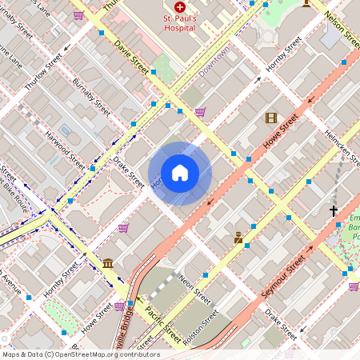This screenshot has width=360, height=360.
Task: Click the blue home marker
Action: pyautogui.click(x=180, y=173)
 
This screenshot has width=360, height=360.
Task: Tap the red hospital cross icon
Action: pyautogui.click(x=179, y=6)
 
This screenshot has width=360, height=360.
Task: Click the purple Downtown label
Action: pyautogui.click(x=214, y=60)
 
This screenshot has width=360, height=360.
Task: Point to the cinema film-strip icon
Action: pyautogui.click(x=271, y=118)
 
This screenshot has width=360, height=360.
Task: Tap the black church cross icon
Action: pyautogui.click(x=334, y=211)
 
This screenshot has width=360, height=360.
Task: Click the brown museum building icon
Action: pyautogui.click(x=108, y=264)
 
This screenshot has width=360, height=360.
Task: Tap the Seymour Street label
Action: pyautogui.click(x=284, y=277)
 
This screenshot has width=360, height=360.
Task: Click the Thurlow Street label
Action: pyautogui.click(x=42, y=72)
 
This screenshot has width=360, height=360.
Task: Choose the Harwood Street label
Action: pyautogui.click(x=65, y=149)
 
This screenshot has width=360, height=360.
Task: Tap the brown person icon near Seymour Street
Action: pyautogui.click(x=238, y=238)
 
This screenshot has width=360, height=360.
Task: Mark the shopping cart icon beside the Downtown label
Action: pyautogui.click(x=200, y=111)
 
